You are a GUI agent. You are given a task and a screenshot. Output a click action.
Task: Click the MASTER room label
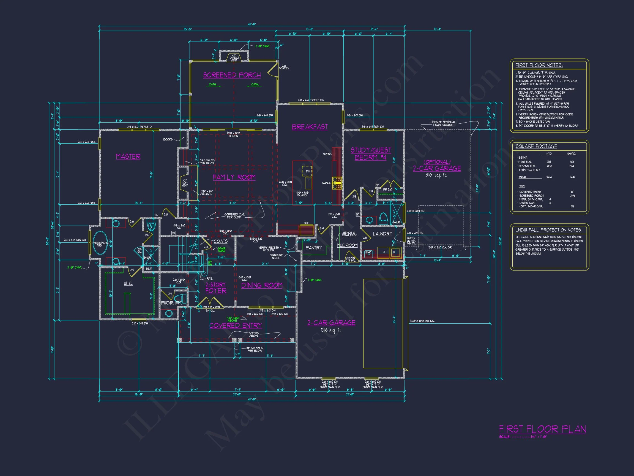(x=128, y=156)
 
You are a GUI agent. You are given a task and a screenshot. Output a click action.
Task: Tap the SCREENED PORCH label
(x=232, y=75)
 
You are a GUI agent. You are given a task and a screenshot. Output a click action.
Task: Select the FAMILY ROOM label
(x=234, y=177)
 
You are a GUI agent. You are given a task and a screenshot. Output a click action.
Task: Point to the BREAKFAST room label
(x=310, y=127)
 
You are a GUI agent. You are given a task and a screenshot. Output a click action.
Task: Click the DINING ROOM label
(x=262, y=285)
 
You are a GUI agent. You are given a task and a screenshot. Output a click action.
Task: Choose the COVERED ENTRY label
(x=236, y=325)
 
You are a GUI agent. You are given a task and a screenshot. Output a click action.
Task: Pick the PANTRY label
(x=314, y=248)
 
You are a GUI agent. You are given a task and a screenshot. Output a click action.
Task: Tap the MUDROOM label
(x=347, y=245)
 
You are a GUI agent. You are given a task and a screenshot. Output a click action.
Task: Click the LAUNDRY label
(x=382, y=234)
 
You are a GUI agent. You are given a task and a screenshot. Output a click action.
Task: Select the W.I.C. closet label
(x=128, y=283)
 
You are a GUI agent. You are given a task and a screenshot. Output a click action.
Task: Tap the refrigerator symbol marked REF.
(x=307, y=230)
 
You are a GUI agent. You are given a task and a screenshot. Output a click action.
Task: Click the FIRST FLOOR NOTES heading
(x=539, y=65)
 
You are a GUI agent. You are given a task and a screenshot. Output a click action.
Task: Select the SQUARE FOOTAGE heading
(x=536, y=146)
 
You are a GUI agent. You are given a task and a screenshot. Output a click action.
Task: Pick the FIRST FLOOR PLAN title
(x=542, y=429)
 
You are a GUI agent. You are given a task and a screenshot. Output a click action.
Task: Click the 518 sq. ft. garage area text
(x=331, y=330)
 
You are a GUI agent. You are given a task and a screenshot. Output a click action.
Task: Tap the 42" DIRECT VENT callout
(x=234, y=58)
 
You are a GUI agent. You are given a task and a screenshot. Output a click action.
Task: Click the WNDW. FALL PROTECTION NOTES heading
(x=549, y=230)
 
